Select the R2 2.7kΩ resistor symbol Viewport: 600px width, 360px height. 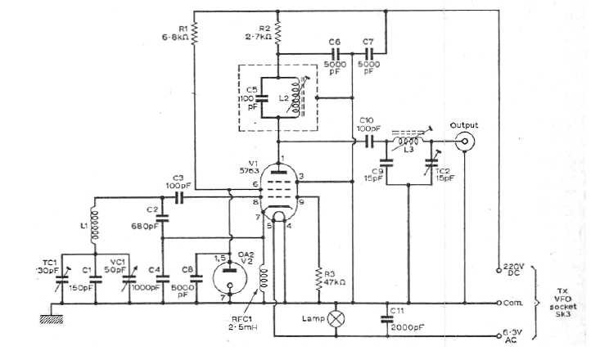coord(279,34)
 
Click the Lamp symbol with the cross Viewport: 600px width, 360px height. coord(334,318)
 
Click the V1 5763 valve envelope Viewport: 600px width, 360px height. coord(279,187)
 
